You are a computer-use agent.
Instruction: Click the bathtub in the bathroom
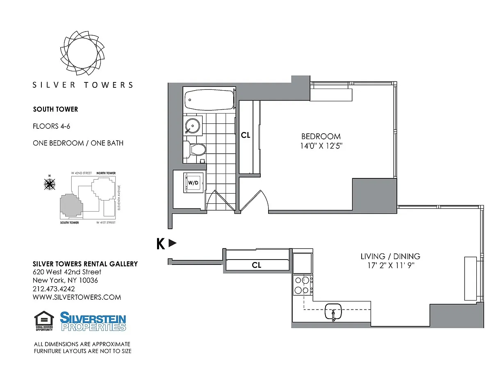tap(209, 100)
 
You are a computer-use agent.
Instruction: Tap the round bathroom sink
tap(193, 125)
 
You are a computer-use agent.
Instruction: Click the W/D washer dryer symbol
tap(193, 183)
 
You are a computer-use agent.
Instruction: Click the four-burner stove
tap(303, 285)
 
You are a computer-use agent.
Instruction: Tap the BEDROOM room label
tap(321, 136)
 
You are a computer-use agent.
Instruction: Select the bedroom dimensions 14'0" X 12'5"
tap(321, 146)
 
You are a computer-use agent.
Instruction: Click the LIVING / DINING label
tap(390, 256)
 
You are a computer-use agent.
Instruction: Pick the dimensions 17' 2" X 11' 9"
tap(391, 265)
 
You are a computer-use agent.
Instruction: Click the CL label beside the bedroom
tap(246, 135)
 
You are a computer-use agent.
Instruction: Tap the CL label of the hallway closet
tap(257, 265)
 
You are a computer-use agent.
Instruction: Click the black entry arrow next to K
tap(173, 243)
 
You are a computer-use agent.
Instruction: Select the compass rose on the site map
tap(50, 184)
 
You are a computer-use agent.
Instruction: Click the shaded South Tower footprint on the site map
tap(71, 205)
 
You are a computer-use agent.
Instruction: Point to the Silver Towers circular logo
tap(82, 53)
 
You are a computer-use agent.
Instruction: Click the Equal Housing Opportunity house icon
tap(44, 321)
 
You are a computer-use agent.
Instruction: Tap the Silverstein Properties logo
tap(93, 321)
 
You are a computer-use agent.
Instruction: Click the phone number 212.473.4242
tap(54, 289)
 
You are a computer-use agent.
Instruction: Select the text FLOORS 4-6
tap(51, 126)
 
